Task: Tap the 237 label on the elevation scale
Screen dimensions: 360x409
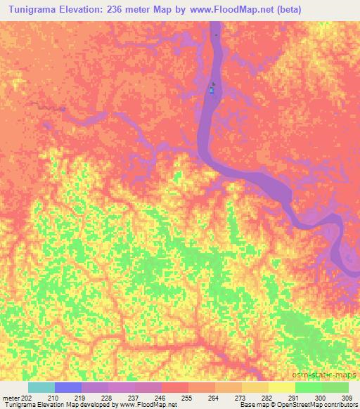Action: tap(135, 398)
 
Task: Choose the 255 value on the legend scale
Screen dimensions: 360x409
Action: tap(189, 398)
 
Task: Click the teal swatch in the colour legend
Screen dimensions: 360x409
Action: tap(41, 387)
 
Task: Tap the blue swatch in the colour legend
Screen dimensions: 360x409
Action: tap(68, 387)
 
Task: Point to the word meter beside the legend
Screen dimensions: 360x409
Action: tap(8, 398)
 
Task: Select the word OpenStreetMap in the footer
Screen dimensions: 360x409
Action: tap(297, 405)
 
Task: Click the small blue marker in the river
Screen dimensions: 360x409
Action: tap(212, 90)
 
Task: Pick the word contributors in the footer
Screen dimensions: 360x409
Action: tap(341, 405)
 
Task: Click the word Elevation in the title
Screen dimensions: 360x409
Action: tap(94, 10)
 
